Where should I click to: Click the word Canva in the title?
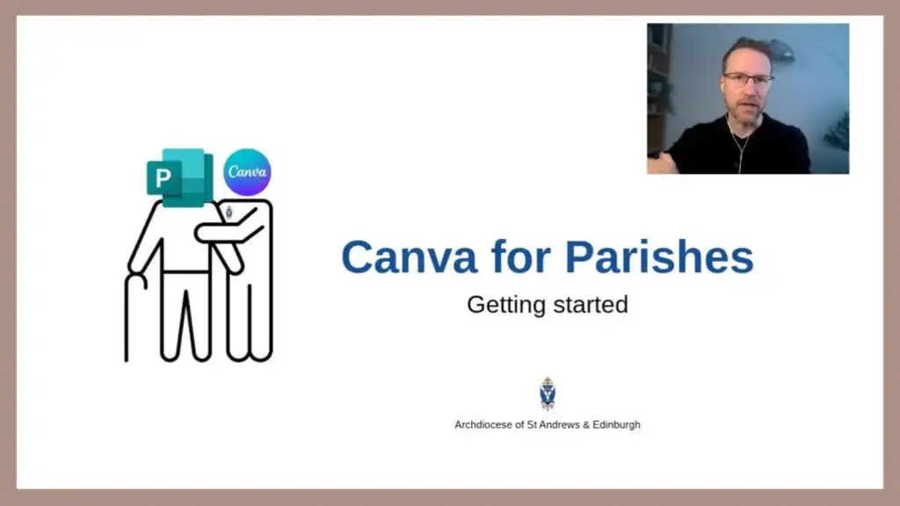(x=410, y=257)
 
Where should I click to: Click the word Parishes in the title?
(x=659, y=257)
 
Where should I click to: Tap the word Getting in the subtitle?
(x=505, y=305)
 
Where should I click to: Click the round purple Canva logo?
(x=247, y=172)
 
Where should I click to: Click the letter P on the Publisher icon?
(x=163, y=177)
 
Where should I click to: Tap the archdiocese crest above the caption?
(x=548, y=394)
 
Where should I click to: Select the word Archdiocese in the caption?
(x=484, y=425)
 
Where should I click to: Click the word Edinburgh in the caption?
(x=616, y=425)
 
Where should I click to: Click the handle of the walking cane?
(x=136, y=280)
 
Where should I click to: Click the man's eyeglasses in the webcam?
(x=748, y=79)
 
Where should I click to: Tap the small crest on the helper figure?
(x=229, y=213)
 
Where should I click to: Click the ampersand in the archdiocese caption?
(x=586, y=425)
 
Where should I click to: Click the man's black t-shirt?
(x=740, y=147)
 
